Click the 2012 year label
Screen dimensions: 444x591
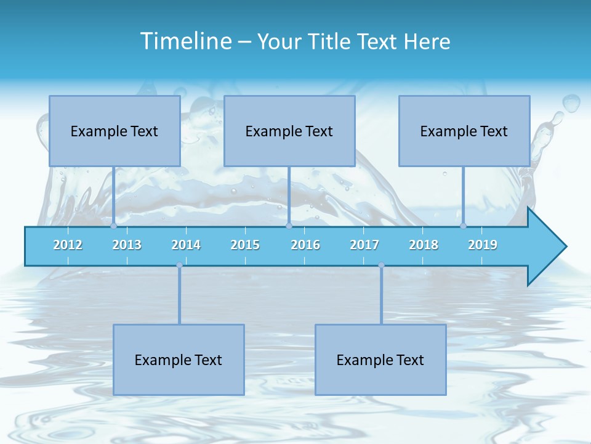[68, 245]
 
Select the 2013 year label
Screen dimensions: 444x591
[127, 245]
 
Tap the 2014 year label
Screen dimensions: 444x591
[186, 245]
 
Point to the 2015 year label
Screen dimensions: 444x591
[245, 245]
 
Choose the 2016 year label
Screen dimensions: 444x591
[305, 245]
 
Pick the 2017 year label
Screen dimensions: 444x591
[364, 245]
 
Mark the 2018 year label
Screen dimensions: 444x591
[424, 245]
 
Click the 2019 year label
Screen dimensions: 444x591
[483, 245]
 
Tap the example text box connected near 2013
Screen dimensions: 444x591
[115, 131]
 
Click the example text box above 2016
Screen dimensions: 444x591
[289, 131]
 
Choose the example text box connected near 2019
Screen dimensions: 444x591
[464, 131]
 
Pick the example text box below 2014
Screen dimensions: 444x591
[179, 360]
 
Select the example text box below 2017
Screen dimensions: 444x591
[380, 360]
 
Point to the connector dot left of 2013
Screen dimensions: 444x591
[114, 226]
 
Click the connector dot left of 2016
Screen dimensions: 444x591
[289, 226]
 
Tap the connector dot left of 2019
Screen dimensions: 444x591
[463, 226]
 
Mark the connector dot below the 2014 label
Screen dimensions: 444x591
[179, 265]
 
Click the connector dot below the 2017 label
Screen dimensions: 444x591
[381, 265]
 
